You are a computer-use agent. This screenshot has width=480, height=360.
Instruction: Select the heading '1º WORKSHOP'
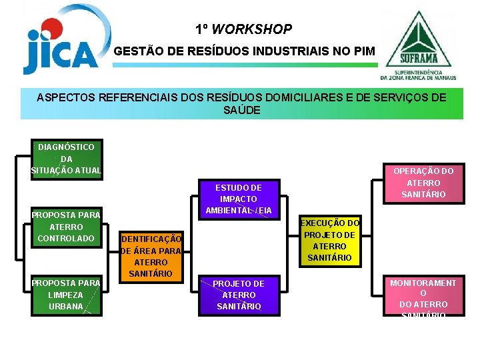[243, 29]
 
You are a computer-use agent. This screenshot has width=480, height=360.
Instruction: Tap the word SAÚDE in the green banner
[241, 110]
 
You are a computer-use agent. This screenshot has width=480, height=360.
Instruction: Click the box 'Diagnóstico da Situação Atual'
[66, 159]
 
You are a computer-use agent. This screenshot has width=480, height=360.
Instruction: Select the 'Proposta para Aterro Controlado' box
[66, 227]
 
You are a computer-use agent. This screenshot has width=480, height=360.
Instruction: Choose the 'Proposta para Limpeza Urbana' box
[66, 295]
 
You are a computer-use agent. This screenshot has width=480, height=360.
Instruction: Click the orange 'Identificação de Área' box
[151, 256]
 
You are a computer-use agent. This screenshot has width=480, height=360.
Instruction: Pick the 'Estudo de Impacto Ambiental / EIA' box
[238, 199]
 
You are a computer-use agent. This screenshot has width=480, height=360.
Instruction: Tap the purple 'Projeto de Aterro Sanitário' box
[238, 295]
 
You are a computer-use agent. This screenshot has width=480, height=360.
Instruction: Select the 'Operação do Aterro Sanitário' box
[423, 183]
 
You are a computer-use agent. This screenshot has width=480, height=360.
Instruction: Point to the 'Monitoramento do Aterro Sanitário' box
[423, 297]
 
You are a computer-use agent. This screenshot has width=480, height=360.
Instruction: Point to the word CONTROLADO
[66, 238]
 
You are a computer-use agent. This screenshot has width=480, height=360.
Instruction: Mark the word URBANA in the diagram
[66, 306]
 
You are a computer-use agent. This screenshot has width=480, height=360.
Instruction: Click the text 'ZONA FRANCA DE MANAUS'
[417, 77]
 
